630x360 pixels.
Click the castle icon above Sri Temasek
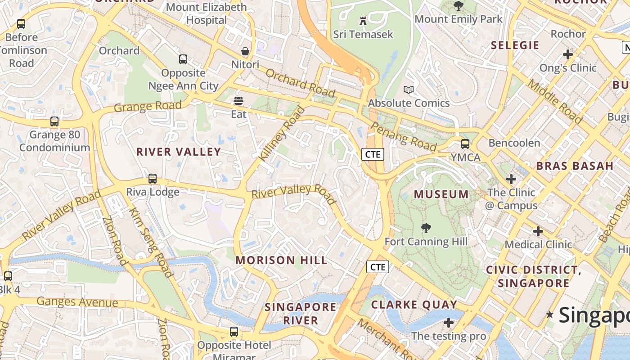[363, 21]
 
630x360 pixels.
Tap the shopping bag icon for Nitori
[245, 51]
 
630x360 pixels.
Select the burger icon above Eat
[238, 100]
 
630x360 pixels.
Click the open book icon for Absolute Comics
[409, 90]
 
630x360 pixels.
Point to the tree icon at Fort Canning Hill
[426, 228]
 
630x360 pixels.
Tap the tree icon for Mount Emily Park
[458, 6]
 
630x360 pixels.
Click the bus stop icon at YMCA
[465, 144]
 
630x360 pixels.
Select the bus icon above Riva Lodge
[153, 178]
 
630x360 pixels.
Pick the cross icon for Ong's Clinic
[568, 54]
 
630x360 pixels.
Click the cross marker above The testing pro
[449, 323]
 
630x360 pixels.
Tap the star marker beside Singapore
[549, 314]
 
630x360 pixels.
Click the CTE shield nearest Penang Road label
[373, 154]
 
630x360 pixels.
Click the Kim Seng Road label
[151, 243]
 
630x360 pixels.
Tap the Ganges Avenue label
[77, 302]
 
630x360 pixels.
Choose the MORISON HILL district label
[282, 260]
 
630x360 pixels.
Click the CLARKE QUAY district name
[414, 305]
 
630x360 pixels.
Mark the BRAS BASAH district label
[575, 166]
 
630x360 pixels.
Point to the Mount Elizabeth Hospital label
[207, 13]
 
